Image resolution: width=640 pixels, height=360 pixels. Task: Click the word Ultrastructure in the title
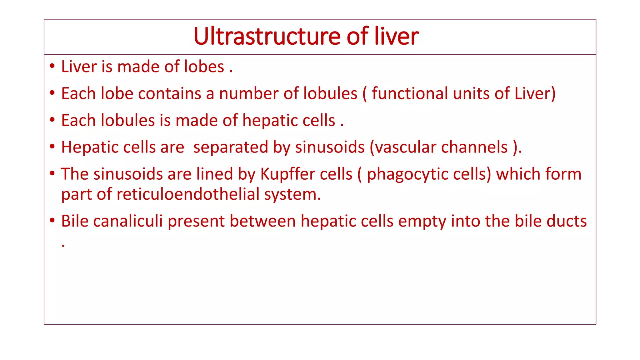point(267,37)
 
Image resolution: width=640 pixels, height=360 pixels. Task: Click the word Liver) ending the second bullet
point(535,93)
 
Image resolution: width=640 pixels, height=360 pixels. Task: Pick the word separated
point(231,147)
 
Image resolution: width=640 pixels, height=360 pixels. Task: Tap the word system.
point(292,194)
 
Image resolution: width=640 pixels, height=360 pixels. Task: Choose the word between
point(262,221)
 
